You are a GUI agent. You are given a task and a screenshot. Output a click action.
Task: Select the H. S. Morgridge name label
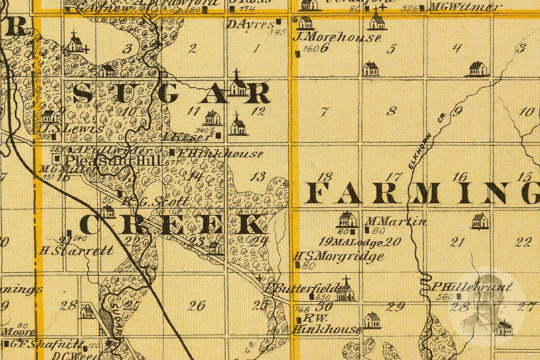339,256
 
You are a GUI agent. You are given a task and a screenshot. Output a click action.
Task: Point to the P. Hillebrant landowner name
472,287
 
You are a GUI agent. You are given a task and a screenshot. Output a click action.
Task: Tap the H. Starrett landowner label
77,251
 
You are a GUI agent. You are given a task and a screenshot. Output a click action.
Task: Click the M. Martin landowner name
396,221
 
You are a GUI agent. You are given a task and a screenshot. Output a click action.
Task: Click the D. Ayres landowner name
251,24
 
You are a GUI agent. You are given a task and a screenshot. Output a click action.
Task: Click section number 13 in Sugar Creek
259,176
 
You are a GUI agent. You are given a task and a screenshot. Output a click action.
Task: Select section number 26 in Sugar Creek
197,306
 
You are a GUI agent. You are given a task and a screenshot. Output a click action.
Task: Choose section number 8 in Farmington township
392,111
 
